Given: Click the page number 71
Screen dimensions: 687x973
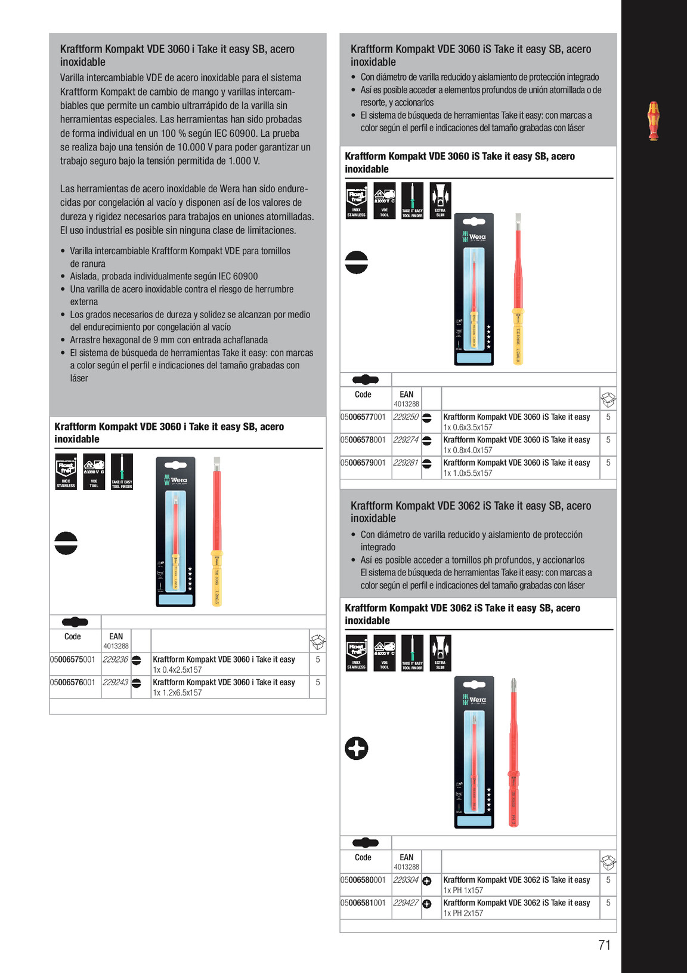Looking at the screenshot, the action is tap(604, 945).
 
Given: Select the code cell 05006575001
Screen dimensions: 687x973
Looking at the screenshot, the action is tap(72, 660).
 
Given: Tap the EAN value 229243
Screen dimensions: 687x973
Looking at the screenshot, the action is tap(115, 682).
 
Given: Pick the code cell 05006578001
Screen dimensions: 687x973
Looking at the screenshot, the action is tap(363, 440).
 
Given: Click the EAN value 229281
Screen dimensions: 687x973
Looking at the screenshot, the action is tap(406, 463).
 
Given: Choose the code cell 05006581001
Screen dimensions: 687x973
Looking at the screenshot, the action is tap(363, 903).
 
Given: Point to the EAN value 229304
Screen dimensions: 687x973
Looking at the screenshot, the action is tap(406, 880).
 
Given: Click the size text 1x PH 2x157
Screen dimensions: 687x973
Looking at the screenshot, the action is tap(463, 913).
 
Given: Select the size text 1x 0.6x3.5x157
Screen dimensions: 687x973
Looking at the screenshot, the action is tap(468, 427).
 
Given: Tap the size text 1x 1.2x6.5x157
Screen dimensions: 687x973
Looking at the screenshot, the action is tap(178, 693).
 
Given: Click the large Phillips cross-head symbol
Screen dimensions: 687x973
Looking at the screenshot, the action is tap(357, 749).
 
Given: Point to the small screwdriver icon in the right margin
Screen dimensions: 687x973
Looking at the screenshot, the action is tap(654, 121).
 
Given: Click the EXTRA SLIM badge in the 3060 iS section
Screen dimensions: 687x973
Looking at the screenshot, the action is tap(440, 201).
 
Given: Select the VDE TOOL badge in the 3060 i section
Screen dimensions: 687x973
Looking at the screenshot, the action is tap(94, 472).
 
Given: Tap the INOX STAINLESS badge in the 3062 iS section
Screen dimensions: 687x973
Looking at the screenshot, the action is tap(357, 653).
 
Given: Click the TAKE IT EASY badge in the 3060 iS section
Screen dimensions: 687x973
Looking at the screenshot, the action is tap(412, 201).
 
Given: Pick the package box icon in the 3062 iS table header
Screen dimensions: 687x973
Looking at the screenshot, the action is tap(608, 863).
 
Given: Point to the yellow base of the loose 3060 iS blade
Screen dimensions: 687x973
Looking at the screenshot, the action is tap(518, 337).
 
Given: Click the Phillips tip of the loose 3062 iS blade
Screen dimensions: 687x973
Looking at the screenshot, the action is tap(513, 684).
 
